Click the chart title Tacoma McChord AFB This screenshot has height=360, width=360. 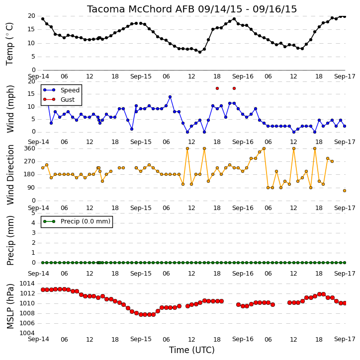(141, 9)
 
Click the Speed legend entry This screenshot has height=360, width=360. (61, 90)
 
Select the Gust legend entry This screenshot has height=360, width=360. (59, 100)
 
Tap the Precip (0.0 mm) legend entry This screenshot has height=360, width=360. (77, 221)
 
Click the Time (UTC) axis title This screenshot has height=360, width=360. (192, 350)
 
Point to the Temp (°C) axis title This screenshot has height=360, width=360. (9, 44)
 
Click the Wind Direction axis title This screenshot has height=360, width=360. (10, 175)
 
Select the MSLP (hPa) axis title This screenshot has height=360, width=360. (10, 306)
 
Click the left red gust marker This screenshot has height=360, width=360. (217, 88)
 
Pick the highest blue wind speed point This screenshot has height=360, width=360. (170, 97)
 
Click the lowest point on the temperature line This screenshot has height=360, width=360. (200, 52)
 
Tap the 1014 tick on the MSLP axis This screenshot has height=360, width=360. (27, 284)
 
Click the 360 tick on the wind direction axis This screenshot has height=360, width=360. (30, 148)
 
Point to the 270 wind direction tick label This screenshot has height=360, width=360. (30, 161)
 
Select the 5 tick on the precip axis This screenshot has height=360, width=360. (33, 213)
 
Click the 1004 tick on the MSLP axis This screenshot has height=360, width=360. (27, 333)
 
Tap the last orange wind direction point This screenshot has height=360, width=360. (345, 191)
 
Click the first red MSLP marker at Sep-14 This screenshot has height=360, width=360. (43, 290)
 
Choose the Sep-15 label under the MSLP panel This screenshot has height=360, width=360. (141, 339)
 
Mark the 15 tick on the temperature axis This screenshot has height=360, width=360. (31, 29)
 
